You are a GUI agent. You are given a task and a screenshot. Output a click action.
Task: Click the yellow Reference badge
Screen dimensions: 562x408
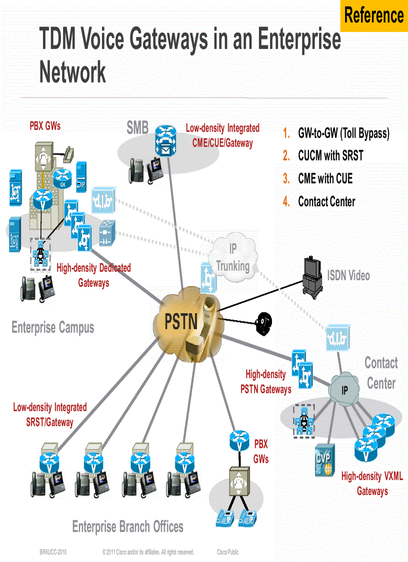click(373, 16)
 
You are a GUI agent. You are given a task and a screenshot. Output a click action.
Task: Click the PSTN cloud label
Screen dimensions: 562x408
click(181, 321)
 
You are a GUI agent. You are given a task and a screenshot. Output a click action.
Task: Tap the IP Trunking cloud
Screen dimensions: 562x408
click(232, 257)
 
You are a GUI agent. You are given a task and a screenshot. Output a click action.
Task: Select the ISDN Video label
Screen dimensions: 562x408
click(348, 275)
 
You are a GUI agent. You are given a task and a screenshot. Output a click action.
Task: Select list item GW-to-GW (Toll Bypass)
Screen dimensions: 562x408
click(343, 133)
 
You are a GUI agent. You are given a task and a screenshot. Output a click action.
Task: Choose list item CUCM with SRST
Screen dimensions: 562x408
click(330, 156)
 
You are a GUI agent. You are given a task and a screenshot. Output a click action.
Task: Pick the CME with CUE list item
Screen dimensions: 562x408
click(325, 179)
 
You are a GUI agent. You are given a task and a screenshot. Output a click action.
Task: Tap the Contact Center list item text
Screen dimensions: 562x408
click(326, 202)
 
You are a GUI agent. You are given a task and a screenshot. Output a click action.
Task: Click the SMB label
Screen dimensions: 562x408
click(137, 129)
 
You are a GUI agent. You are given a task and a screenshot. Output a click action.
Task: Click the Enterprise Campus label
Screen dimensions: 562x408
click(52, 328)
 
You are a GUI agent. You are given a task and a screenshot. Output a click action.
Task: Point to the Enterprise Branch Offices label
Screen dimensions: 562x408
click(127, 526)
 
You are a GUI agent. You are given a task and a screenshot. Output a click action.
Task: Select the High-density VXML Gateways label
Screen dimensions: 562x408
click(372, 483)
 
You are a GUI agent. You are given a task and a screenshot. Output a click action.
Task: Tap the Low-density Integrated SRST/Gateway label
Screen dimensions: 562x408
click(49, 415)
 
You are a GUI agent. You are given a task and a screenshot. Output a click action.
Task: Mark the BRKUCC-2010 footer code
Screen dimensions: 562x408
click(53, 552)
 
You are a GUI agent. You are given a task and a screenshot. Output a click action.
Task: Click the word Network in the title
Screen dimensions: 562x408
click(72, 72)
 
